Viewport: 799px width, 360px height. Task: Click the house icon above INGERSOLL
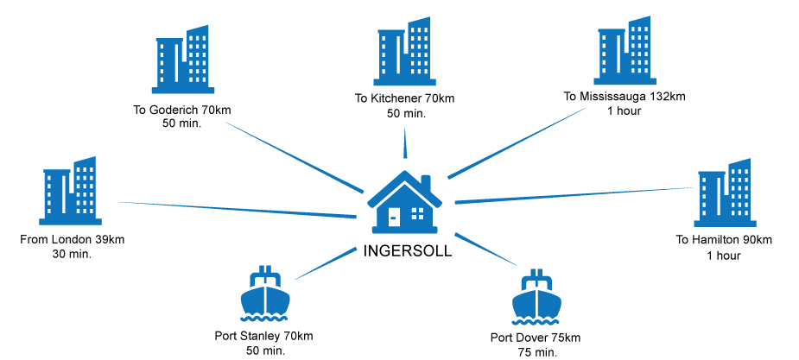(x=405, y=204)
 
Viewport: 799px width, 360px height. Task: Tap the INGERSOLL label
(x=406, y=253)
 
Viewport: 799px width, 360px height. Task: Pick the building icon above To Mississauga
(x=624, y=52)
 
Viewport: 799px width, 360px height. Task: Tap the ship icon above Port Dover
(x=536, y=299)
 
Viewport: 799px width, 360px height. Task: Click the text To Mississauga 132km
(x=624, y=97)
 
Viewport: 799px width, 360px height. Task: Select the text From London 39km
(x=72, y=239)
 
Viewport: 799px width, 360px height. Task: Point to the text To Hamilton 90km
(x=724, y=240)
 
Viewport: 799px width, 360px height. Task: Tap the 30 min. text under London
(x=72, y=255)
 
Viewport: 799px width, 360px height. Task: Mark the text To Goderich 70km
(x=181, y=110)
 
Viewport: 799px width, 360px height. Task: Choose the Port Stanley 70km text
(x=263, y=336)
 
